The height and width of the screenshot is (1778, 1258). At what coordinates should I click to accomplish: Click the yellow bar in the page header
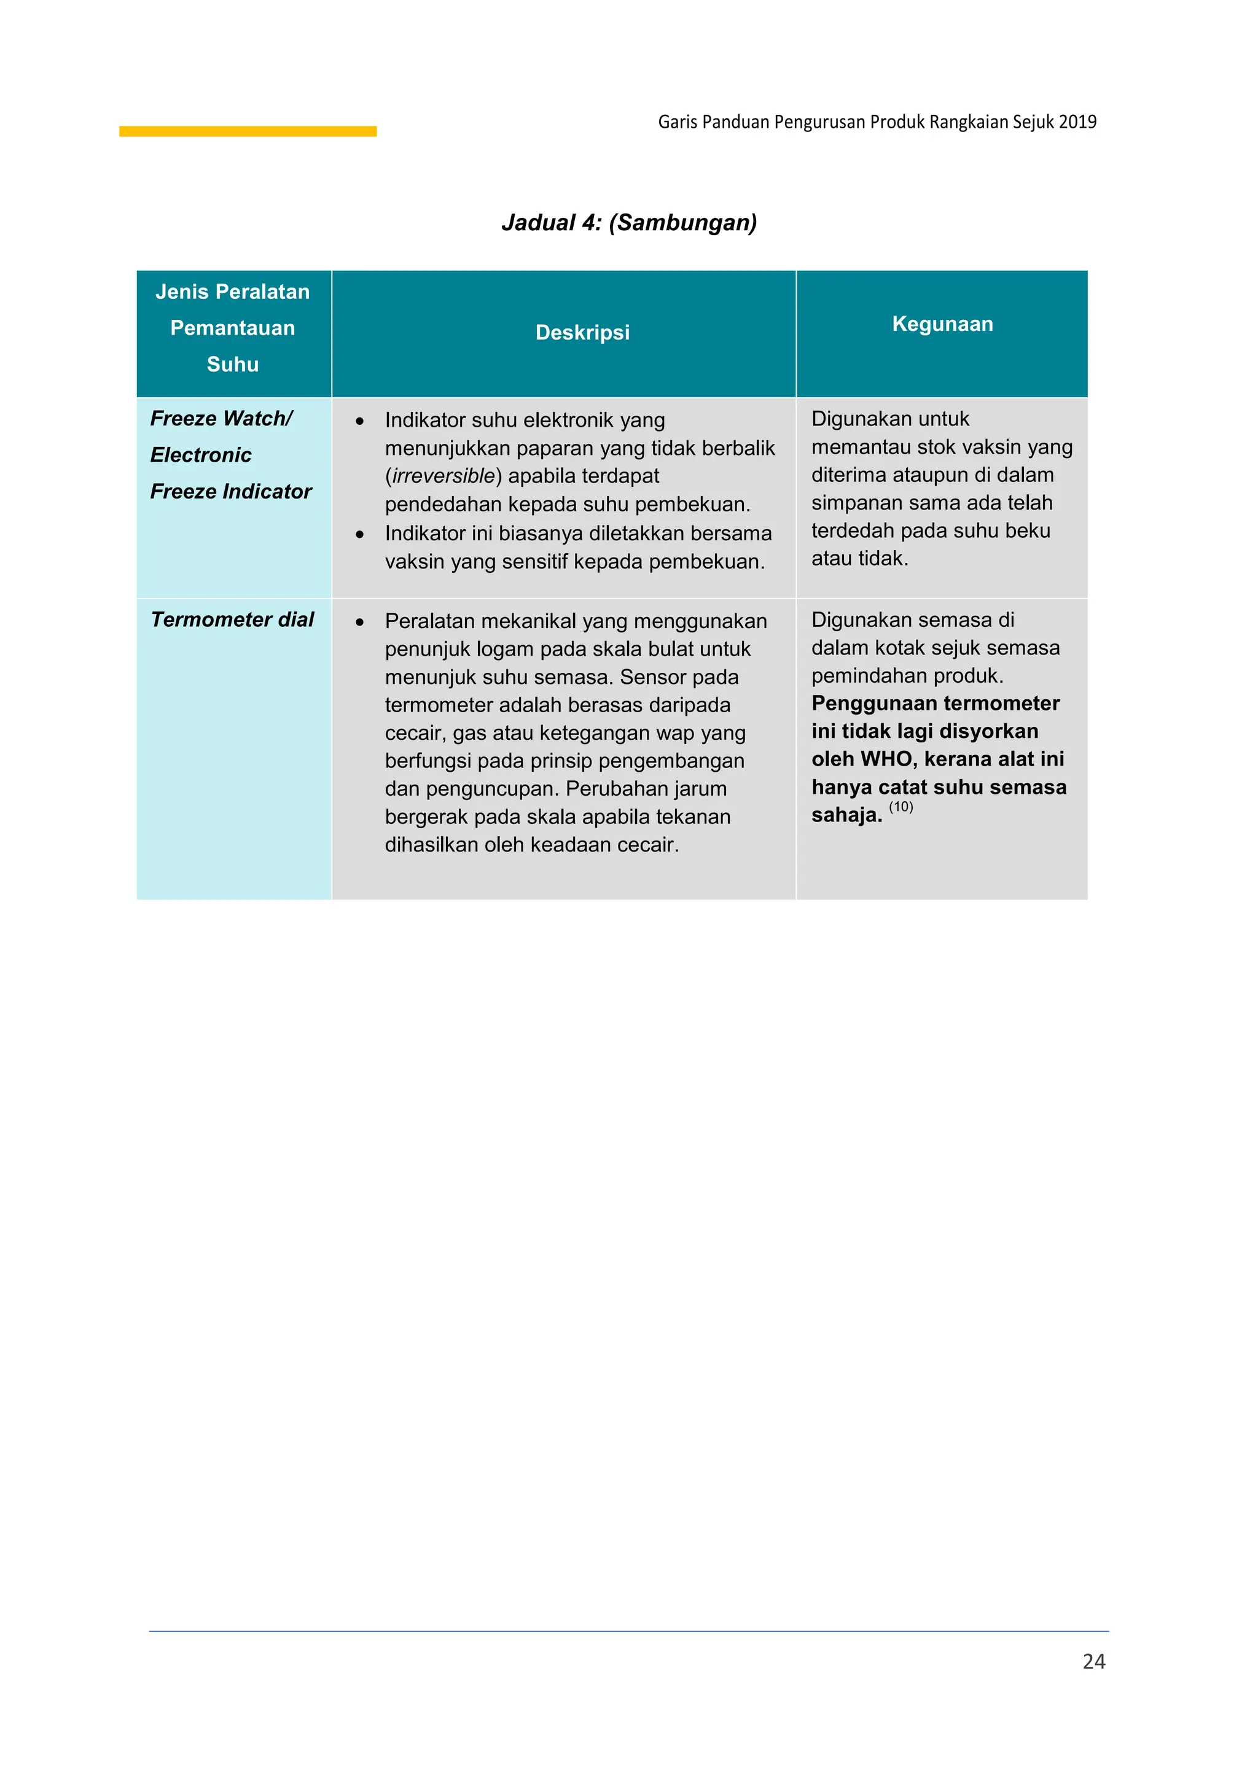coord(248,131)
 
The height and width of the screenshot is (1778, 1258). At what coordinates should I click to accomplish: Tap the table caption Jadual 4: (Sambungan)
coord(629,223)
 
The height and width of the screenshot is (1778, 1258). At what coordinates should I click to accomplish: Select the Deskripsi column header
coord(582,333)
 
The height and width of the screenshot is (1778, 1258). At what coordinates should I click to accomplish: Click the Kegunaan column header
coord(942,324)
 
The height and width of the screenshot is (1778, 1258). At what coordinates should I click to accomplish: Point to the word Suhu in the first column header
coord(232,365)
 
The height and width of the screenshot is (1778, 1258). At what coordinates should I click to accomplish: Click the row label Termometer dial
coord(232,619)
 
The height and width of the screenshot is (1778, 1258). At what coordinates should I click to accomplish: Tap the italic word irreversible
coord(443,476)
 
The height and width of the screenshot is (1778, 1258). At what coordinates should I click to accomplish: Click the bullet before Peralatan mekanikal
coord(359,622)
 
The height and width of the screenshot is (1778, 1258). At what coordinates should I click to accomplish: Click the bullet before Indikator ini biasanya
coord(359,534)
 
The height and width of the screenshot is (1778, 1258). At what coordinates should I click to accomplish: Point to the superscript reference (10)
coord(901,807)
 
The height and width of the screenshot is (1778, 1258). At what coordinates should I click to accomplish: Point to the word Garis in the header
coord(678,122)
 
